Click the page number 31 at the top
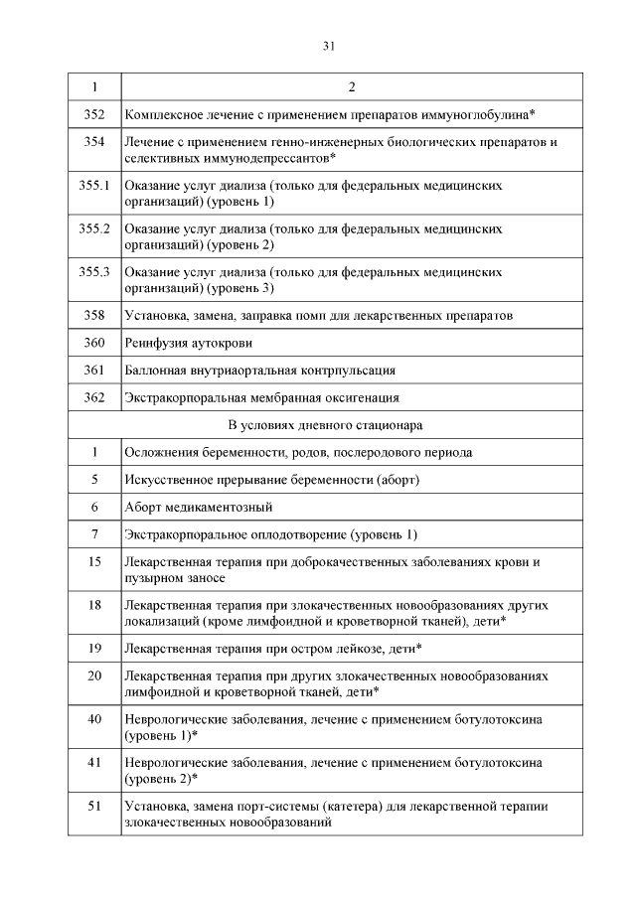328,46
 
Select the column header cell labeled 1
93,87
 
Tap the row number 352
93,115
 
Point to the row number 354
93,142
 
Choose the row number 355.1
93,186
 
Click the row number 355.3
93,271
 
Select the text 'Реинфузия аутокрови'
188,343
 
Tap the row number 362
93,397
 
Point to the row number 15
93,561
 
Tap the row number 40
93,718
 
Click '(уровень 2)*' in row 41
161,778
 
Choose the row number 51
93,806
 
